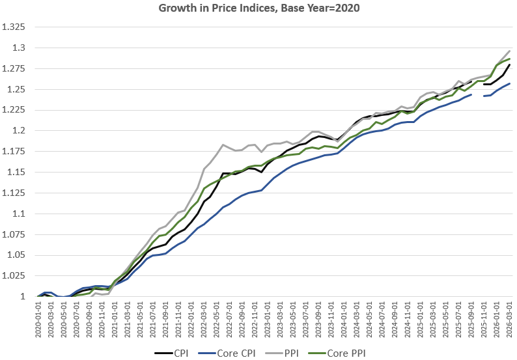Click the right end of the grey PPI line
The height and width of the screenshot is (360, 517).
(509, 51)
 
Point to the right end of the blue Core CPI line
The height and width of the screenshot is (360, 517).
(509, 83)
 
